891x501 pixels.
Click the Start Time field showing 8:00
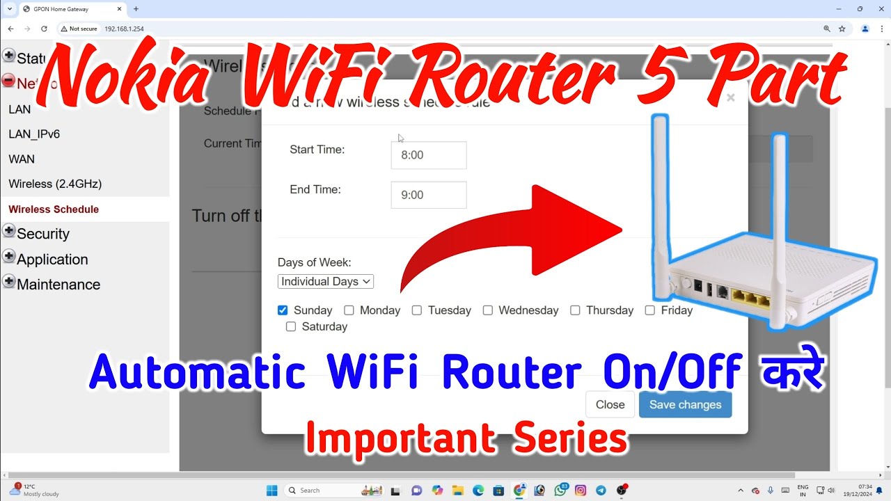(x=428, y=155)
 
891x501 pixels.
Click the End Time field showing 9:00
(x=428, y=196)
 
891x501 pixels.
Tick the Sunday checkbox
(x=283, y=310)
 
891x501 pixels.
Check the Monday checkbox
(x=349, y=310)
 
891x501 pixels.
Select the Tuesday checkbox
(x=416, y=310)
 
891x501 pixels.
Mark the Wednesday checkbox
(x=487, y=310)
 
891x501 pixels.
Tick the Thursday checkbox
(x=575, y=310)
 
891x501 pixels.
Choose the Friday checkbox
(x=649, y=310)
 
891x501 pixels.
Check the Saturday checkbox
(x=291, y=326)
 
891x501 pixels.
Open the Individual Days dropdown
(x=326, y=281)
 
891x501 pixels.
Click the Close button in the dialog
(x=610, y=404)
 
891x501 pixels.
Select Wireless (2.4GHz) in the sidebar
(x=55, y=184)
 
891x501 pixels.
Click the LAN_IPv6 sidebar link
(x=34, y=134)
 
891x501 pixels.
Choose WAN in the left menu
(x=22, y=159)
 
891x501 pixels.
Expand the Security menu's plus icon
(x=9, y=231)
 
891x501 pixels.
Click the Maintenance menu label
(x=58, y=284)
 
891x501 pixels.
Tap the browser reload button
(x=44, y=29)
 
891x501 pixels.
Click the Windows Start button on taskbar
(x=271, y=490)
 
